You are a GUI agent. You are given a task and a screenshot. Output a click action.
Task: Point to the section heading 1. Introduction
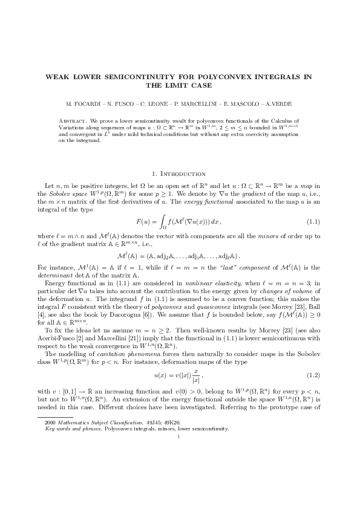(x=180, y=173)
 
